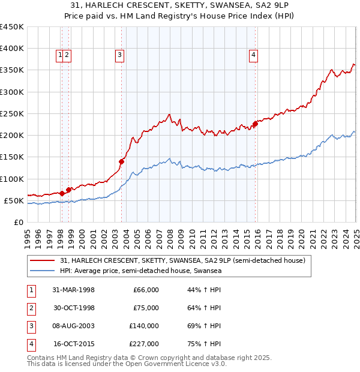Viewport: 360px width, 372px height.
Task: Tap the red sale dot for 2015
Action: (255, 124)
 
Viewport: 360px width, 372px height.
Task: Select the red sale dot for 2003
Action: (121, 161)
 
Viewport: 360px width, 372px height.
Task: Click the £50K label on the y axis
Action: (14, 200)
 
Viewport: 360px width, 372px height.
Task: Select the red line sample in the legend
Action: (42, 260)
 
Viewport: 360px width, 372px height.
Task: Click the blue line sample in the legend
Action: (42, 271)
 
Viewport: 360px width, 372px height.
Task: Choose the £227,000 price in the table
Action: (145, 344)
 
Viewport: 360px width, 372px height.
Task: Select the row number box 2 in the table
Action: (30, 308)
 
